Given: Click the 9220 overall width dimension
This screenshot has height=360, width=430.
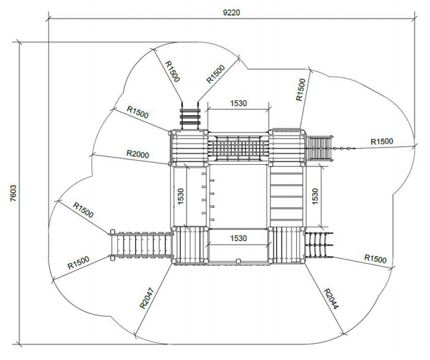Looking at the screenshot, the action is point(231,12).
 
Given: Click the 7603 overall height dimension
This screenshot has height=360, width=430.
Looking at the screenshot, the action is point(14,193).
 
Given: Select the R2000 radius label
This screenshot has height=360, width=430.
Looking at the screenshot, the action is point(137,154).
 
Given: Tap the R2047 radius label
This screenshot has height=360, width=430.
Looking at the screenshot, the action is point(147,298).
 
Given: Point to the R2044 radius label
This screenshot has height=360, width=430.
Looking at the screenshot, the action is point(331,299).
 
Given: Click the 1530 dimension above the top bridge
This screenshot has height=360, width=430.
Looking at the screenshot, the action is point(238,103).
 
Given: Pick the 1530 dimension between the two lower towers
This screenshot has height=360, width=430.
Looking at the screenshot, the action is point(238,238).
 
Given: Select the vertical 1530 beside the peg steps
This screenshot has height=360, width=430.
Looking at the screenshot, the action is point(180,196).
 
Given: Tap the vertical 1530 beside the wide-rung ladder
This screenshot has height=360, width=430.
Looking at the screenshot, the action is point(315,196).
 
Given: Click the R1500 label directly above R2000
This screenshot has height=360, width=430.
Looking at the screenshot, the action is point(137,112).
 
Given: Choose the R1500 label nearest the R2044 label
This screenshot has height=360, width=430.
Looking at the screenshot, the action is point(375,259).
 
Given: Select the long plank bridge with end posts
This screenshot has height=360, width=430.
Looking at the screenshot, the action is point(140,244).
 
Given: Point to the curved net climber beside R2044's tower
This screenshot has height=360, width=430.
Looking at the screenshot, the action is point(319,245).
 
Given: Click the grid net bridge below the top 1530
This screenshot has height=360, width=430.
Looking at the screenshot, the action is point(238,148).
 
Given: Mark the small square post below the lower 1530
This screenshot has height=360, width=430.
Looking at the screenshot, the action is point(238,261).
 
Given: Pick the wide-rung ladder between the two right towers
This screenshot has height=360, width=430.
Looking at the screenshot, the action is point(286,196).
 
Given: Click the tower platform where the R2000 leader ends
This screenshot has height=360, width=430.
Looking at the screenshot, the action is point(189,148).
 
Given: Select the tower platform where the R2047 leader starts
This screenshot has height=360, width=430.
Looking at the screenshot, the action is point(190,245).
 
